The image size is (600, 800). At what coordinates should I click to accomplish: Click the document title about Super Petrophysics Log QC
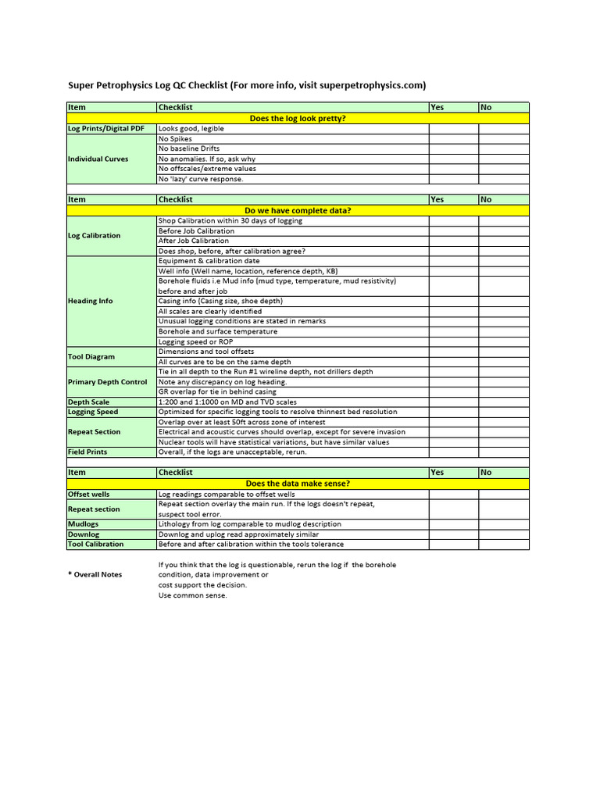click(247, 85)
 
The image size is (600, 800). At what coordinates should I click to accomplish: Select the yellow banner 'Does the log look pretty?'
click(297, 118)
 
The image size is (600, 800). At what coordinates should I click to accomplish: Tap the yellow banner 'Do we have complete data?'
click(297, 210)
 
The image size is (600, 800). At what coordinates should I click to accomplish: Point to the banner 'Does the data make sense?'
click(297, 484)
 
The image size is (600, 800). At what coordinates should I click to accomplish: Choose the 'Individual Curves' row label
click(98, 159)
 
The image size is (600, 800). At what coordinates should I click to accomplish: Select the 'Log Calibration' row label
click(95, 235)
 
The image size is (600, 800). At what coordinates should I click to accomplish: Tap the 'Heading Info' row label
click(91, 301)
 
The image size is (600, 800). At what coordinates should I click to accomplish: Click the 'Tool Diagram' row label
click(91, 356)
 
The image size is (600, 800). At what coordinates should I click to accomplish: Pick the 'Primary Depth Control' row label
click(107, 382)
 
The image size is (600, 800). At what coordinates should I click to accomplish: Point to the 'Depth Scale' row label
click(89, 402)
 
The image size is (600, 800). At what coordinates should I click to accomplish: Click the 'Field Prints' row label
click(87, 452)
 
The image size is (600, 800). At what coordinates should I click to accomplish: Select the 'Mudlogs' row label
click(84, 524)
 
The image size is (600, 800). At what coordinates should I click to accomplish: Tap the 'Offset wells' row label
click(89, 494)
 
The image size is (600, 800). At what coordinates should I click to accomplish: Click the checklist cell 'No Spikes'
click(176, 138)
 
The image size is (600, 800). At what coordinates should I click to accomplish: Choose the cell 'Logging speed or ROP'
click(197, 341)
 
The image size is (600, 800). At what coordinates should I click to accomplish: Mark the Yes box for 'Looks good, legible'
click(453, 128)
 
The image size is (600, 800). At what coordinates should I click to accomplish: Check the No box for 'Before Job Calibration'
click(504, 230)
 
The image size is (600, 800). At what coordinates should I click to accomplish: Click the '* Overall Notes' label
click(95, 574)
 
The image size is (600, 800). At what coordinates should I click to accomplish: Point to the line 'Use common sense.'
click(192, 595)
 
